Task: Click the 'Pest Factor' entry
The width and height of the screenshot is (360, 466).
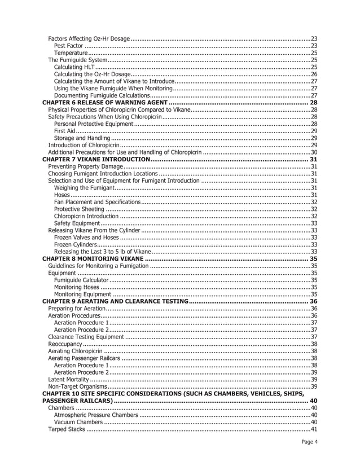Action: pyautogui.click(x=69, y=45)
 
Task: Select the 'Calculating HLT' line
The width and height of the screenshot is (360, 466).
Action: pyautogui.click(x=74, y=67)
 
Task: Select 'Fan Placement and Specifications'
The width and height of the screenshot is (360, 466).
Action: pyautogui.click(x=96, y=201)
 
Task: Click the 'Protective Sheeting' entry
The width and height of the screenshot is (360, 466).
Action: pyautogui.click(x=80, y=209)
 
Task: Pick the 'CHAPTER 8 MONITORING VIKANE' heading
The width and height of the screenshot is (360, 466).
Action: pyautogui.click(x=93, y=258)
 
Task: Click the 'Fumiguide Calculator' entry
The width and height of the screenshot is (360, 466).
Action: pyautogui.click(x=81, y=280)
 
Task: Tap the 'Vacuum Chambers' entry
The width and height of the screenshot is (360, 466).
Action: pyautogui.click(x=78, y=422)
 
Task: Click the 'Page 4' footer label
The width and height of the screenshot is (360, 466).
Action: pyautogui.click(x=308, y=442)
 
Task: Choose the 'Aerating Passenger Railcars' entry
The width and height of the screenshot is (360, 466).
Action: pyautogui.click(x=84, y=358)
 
